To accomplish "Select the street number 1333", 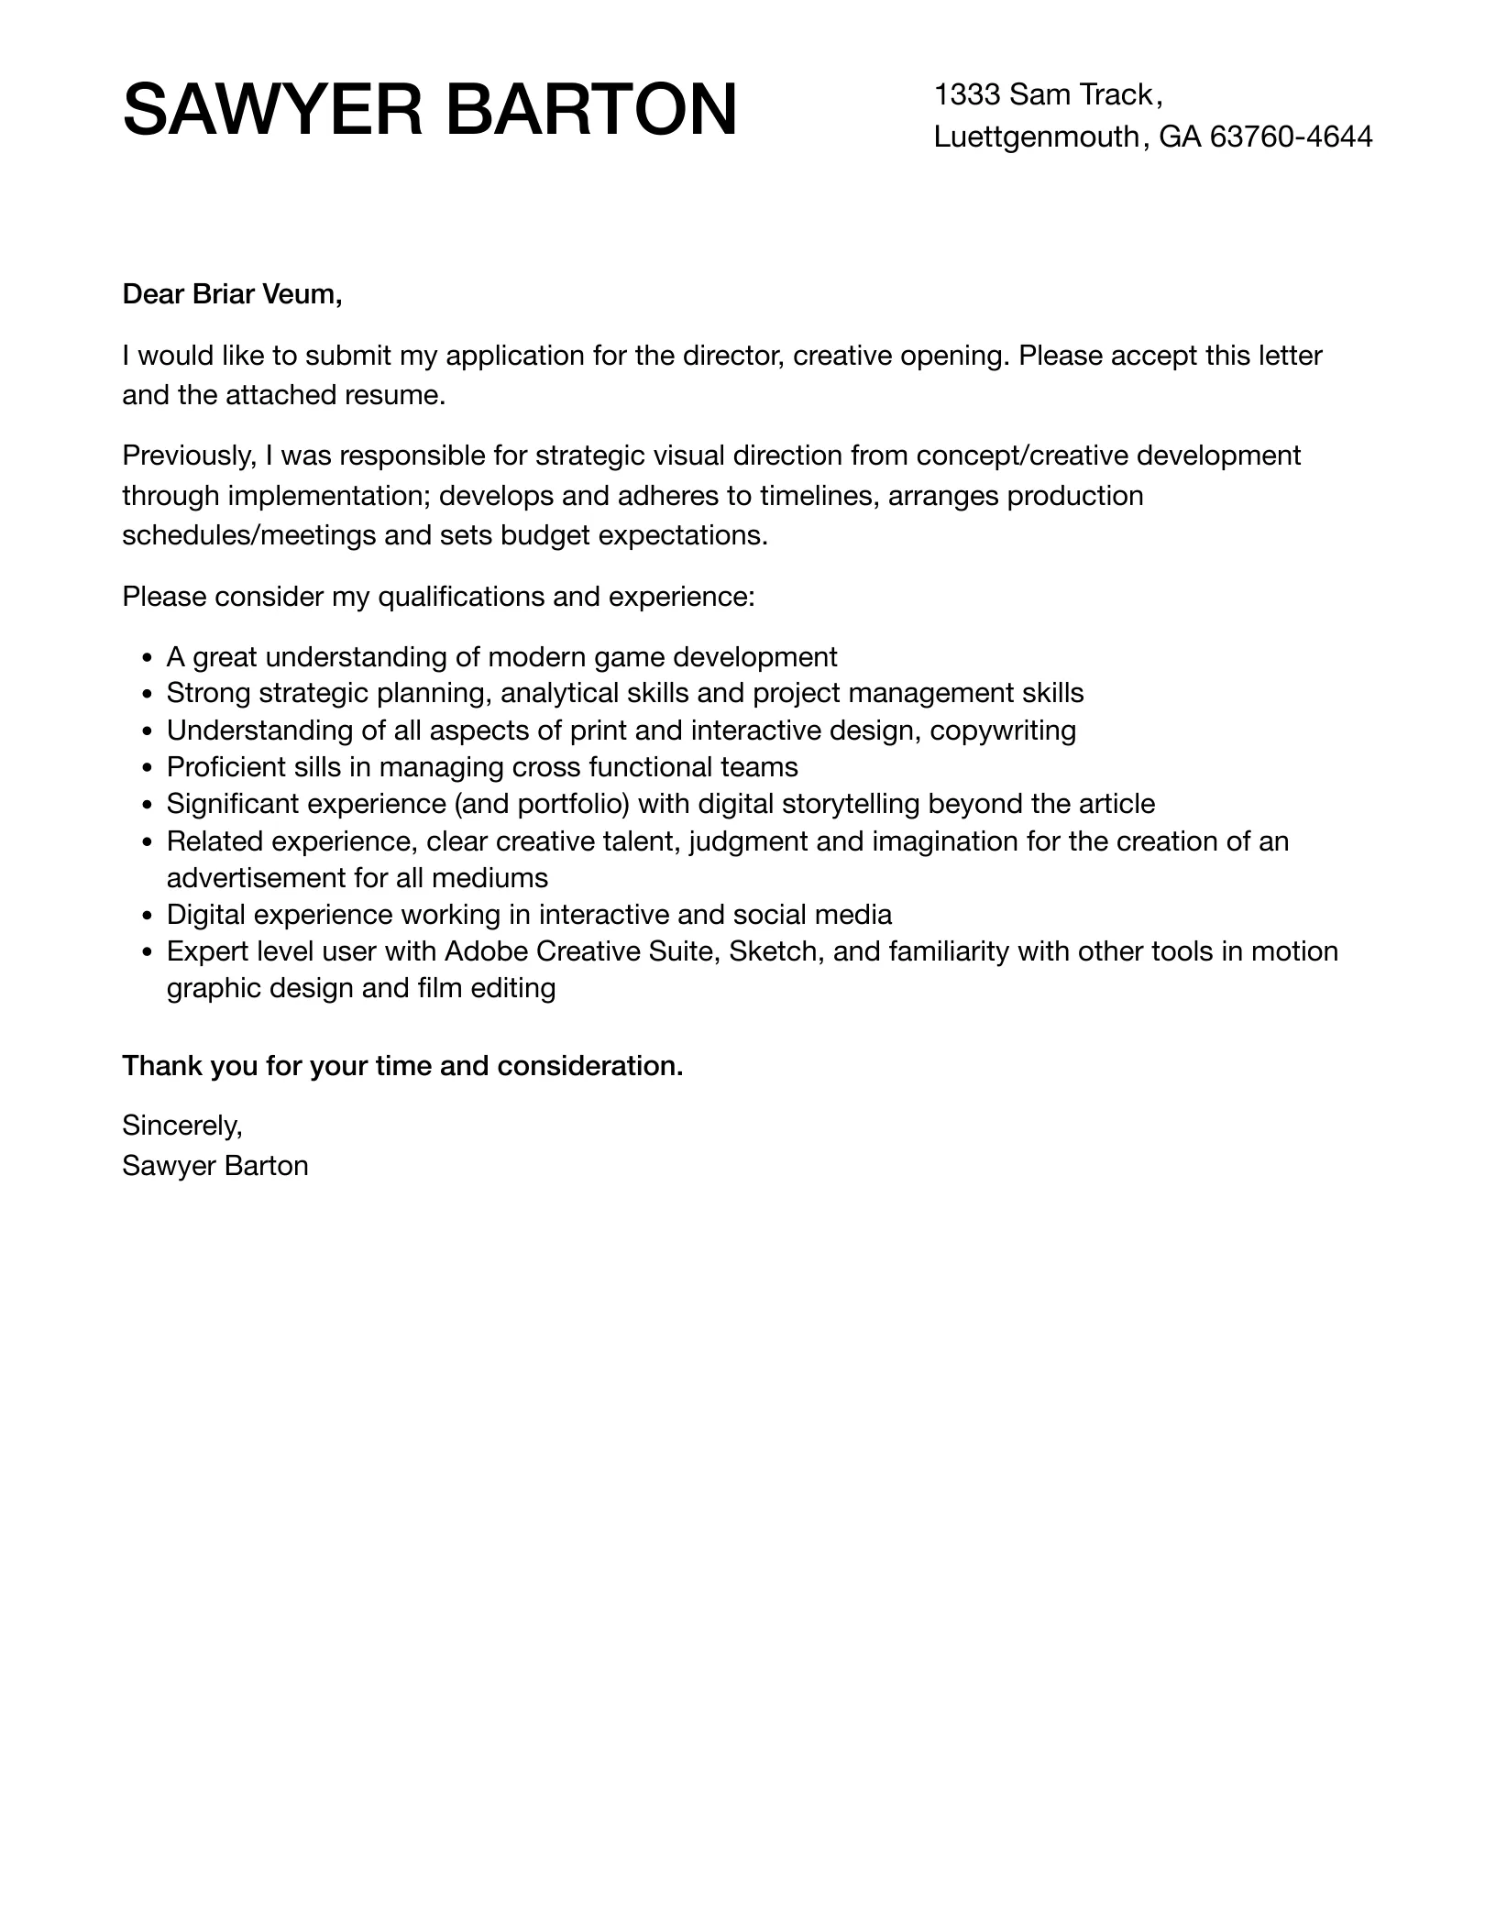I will (966, 94).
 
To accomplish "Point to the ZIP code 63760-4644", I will (1291, 137).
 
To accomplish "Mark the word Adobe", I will (486, 951).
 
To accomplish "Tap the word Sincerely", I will (181, 1125).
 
